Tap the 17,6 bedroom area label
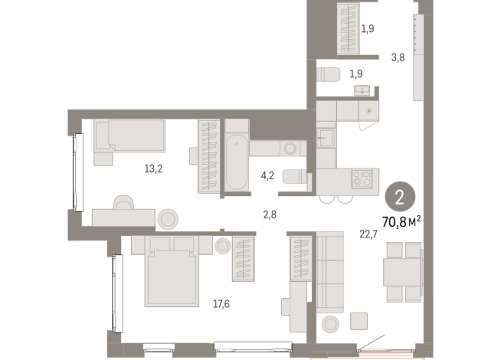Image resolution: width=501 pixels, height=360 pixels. pyautogui.click(x=221, y=304)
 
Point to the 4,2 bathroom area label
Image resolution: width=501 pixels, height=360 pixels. pyautogui.click(x=267, y=175)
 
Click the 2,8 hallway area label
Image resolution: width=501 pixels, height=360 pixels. pyautogui.click(x=269, y=214)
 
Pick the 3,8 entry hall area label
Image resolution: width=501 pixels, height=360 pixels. pyautogui.click(x=398, y=56)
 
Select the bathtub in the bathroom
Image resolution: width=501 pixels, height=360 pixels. pyautogui.click(x=236, y=163)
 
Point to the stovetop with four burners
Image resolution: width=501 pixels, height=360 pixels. pyautogui.click(x=362, y=181)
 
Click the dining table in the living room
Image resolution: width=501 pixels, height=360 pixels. pyautogui.click(x=402, y=271)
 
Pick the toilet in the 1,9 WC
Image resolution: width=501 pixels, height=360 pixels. pyautogui.click(x=328, y=75)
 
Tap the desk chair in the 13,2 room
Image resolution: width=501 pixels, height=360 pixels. pyautogui.click(x=123, y=203)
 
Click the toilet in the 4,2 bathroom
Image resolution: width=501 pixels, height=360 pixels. pyautogui.click(x=293, y=176)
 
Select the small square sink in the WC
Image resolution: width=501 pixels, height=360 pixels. pyautogui.click(x=361, y=90)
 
